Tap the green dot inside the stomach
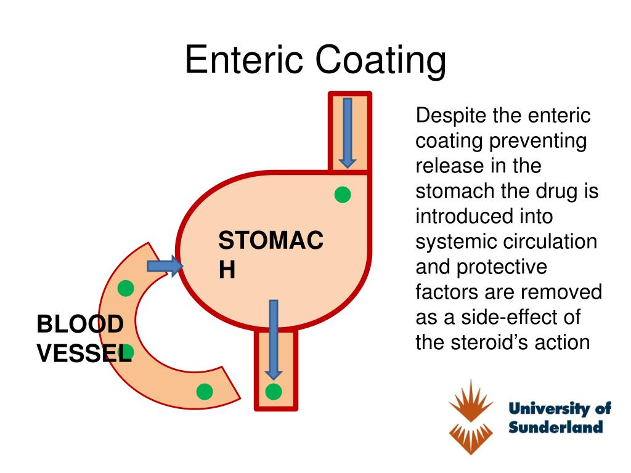click(x=343, y=195)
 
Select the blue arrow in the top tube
click(x=348, y=132)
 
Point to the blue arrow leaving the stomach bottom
click(x=274, y=339)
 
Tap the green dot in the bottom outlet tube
click(x=274, y=391)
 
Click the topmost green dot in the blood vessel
click(x=126, y=288)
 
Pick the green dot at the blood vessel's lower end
click(x=204, y=391)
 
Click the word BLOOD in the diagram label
click(x=80, y=323)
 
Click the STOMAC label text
click(x=271, y=240)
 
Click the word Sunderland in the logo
click(x=555, y=427)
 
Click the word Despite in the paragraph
click(x=453, y=115)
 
